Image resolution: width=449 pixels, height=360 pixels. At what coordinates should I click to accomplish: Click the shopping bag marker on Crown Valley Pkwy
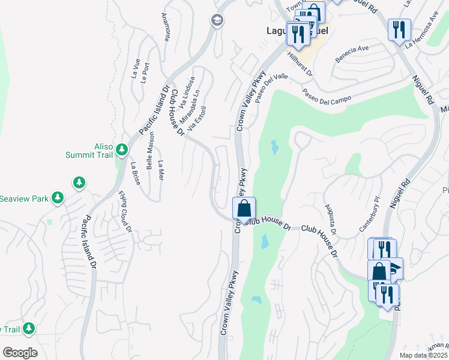pos(244,209)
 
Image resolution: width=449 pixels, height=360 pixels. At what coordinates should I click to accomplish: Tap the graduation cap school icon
pos(216,21)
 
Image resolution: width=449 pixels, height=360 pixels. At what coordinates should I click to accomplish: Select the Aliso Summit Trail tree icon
pos(122,148)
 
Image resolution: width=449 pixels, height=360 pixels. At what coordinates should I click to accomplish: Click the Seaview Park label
pos(24,198)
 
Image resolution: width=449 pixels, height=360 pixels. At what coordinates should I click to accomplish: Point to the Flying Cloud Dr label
pos(125,211)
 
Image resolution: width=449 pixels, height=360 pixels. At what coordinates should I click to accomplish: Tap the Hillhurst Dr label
pos(300,63)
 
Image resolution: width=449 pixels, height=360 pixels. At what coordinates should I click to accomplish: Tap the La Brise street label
pos(136,173)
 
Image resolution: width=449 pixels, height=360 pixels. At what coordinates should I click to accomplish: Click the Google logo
pos(20,352)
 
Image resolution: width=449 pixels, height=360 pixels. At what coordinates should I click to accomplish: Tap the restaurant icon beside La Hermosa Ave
pos(399,29)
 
